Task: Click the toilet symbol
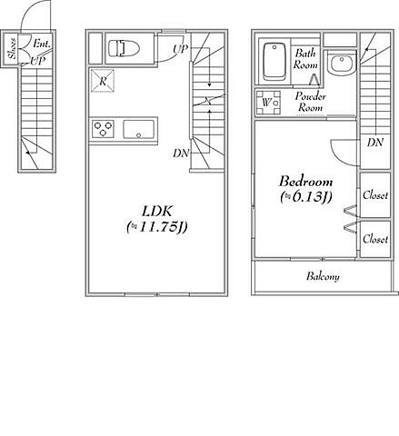[x=124, y=48]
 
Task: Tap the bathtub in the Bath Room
[x=274, y=62]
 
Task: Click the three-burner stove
[x=103, y=129]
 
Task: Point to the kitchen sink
[x=138, y=129]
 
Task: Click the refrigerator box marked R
[x=103, y=81]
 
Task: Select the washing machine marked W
[x=268, y=103]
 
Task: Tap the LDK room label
[x=157, y=212]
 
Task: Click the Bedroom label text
[x=305, y=182]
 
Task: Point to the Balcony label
[x=323, y=276]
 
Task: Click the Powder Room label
[x=311, y=102]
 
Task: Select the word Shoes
[x=12, y=48]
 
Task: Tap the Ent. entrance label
[x=42, y=44]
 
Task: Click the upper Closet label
[x=375, y=194]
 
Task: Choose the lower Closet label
[x=375, y=239]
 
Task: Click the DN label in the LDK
[x=181, y=154]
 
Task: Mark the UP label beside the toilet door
[x=181, y=49]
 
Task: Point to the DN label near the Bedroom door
[x=375, y=142]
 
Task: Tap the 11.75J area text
[x=157, y=227]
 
